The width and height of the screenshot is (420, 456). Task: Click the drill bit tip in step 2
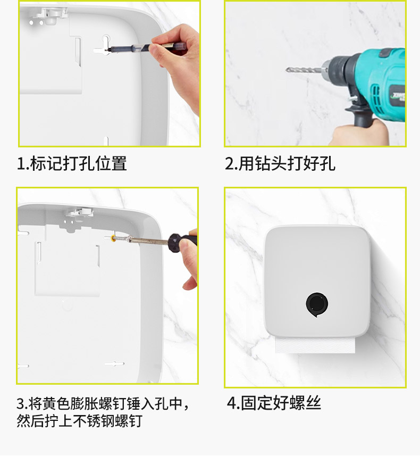pos(287,70)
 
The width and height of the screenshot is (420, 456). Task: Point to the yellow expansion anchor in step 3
pos(113,239)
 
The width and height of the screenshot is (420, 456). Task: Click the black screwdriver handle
pos(182,242)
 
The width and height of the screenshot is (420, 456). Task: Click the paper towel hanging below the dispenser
pos(315,345)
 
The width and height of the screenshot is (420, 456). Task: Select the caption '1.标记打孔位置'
pos(72,163)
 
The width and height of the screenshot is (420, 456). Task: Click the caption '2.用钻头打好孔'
pos(280,163)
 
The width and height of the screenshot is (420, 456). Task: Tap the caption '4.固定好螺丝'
pos(274,403)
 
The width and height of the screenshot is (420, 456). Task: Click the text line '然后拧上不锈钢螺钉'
pos(79,420)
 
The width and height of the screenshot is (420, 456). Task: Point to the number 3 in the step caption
pos(21,403)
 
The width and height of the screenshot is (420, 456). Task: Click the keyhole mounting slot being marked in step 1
pos(105,45)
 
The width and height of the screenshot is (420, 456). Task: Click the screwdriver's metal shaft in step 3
pos(145,240)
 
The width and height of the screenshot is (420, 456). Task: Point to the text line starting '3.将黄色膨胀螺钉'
pos(103,403)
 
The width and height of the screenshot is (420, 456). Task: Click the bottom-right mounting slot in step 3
pos(114,364)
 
